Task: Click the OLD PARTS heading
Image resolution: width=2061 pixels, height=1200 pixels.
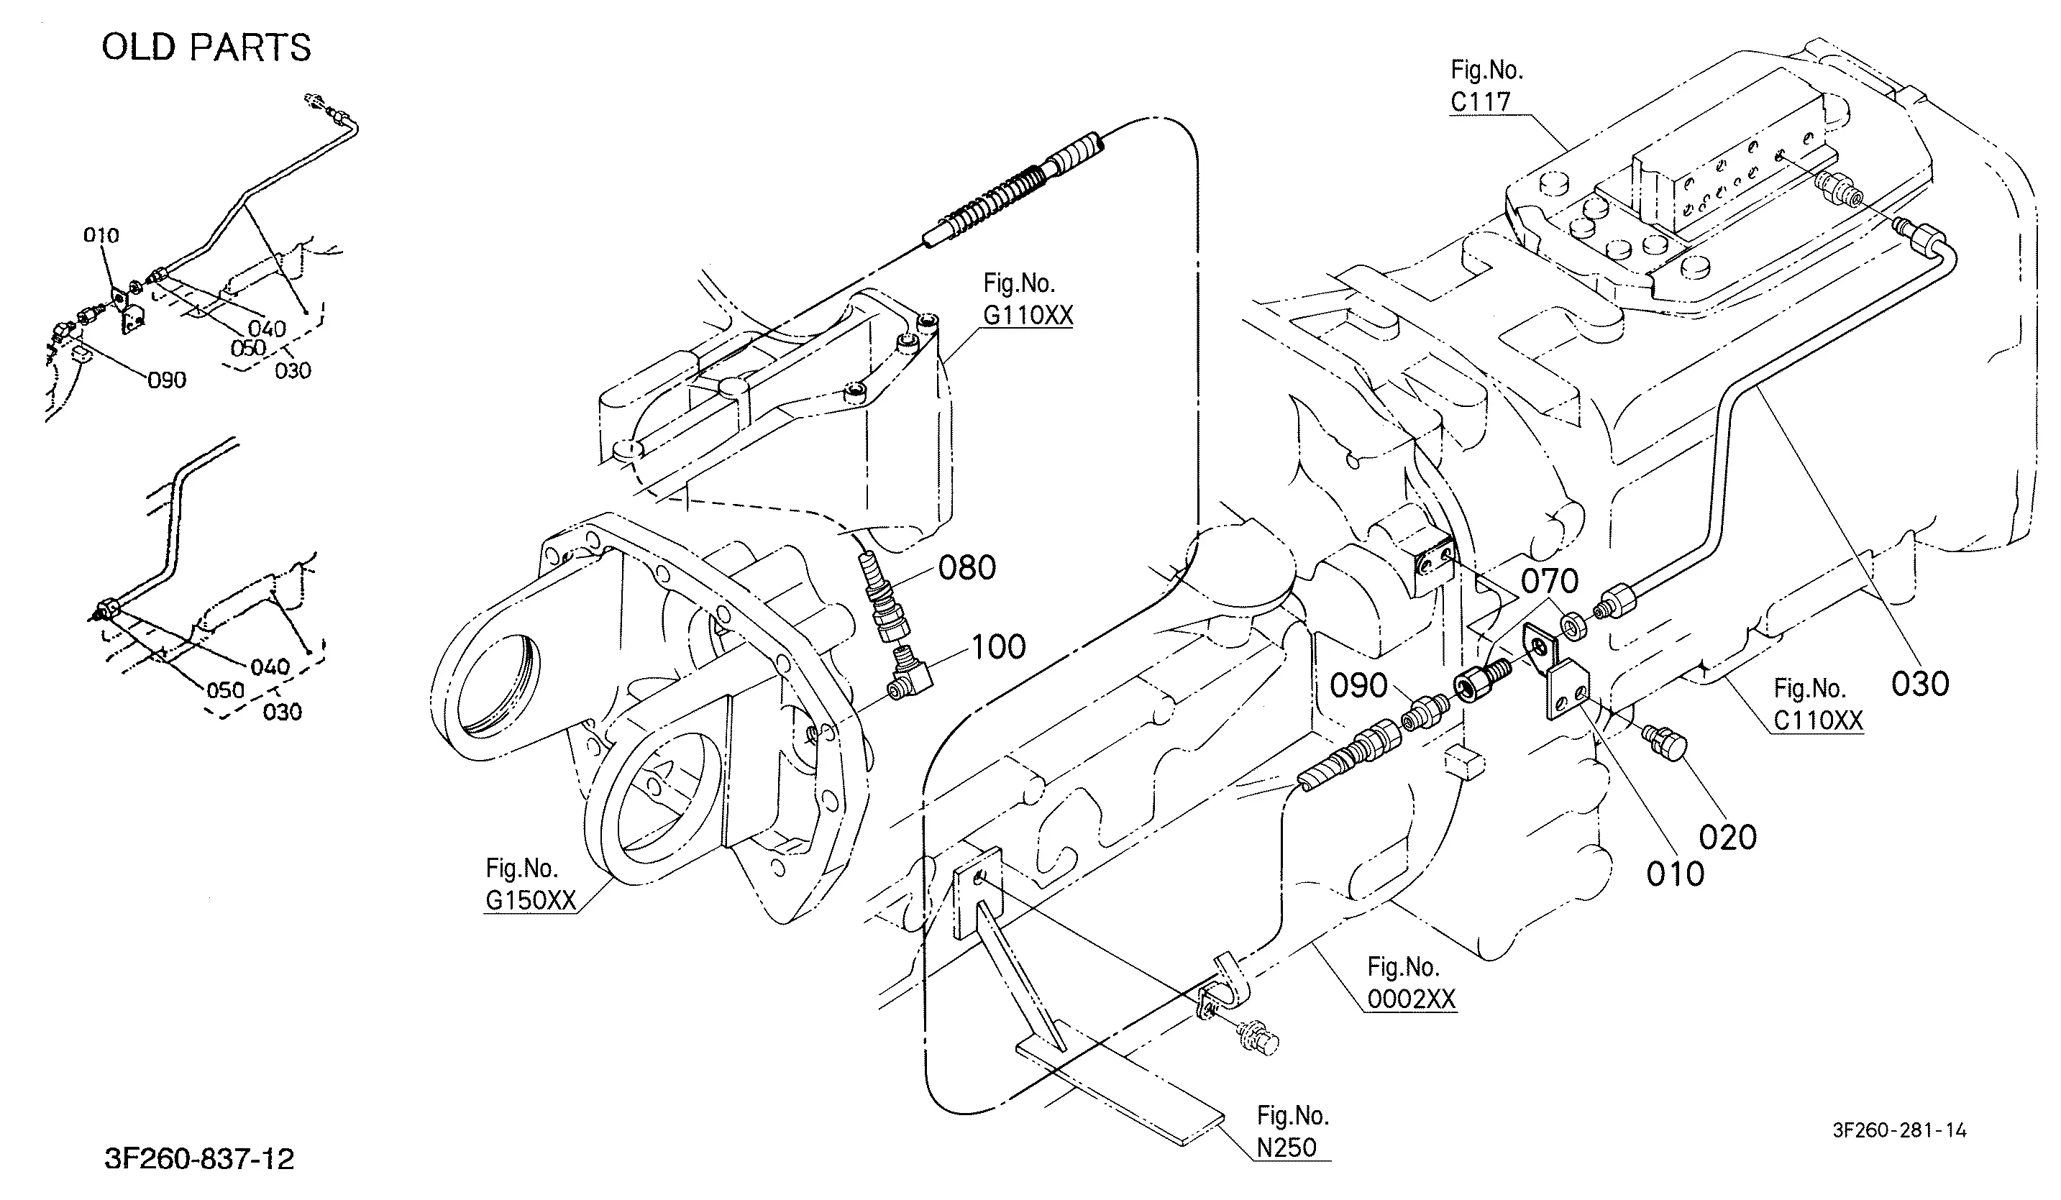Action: point(206,47)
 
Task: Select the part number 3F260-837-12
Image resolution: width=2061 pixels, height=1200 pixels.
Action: point(200,1158)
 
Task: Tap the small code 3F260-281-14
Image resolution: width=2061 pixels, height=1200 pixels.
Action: point(1899,1130)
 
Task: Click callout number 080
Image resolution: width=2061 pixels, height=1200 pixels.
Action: point(966,567)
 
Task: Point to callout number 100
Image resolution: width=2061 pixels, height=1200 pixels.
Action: point(998,647)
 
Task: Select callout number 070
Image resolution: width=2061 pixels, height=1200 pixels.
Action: point(1550,582)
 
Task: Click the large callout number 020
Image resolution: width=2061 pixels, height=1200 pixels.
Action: point(1728,837)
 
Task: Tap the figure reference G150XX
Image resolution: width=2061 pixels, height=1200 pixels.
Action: point(531,900)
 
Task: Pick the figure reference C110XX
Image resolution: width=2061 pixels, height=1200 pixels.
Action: point(1818,720)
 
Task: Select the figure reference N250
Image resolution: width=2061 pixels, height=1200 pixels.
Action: point(1287,1148)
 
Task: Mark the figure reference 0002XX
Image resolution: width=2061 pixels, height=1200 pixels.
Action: point(1412,999)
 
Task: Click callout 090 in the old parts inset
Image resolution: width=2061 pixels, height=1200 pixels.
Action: point(167,380)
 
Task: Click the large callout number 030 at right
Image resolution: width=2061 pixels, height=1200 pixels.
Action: point(1920,683)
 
